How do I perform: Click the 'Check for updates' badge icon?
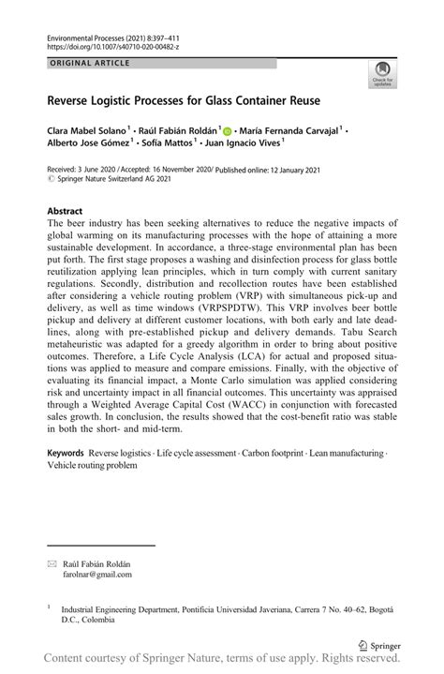pyautogui.click(x=382, y=73)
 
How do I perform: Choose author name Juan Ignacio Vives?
pyautogui.click(x=244, y=144)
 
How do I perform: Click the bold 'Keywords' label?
pyautogui.click(x=71, y=453)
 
